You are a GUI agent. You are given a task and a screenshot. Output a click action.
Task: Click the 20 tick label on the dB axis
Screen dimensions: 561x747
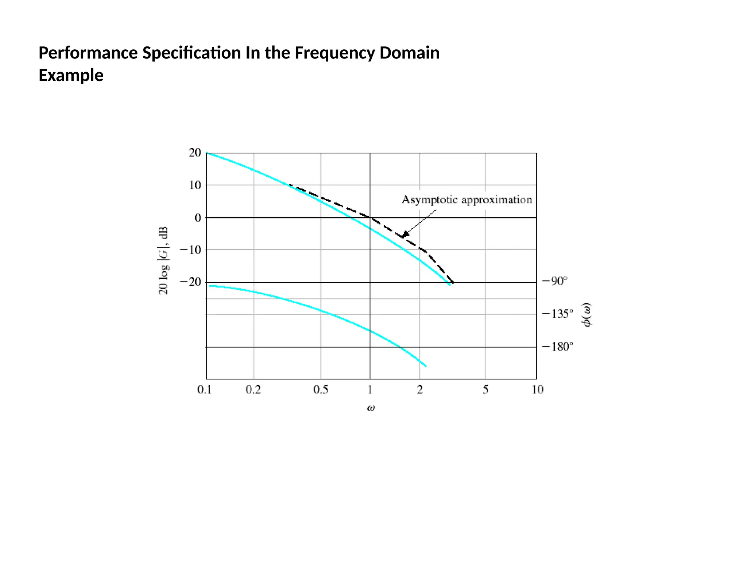click(195, 153)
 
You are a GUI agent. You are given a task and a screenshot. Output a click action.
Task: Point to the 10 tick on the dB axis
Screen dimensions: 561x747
click(195, 185)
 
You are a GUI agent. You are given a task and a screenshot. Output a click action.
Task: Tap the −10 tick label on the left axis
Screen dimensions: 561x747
click(190, 250)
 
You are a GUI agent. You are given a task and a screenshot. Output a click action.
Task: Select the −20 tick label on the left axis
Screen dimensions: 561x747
click(190, 282)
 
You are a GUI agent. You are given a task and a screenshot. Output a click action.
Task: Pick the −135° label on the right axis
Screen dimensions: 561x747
click(558, 314)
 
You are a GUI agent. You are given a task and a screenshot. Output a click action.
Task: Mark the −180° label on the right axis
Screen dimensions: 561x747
click(558, 347)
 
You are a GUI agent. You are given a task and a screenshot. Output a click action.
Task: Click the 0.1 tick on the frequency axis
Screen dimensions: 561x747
click(205, 390)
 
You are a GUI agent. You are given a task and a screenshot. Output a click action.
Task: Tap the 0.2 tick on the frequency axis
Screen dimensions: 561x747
click(253, 390)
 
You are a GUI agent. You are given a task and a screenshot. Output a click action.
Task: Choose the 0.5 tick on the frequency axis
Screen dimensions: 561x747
click(321, 390)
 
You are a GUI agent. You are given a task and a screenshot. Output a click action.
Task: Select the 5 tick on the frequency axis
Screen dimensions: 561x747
click(485, 390)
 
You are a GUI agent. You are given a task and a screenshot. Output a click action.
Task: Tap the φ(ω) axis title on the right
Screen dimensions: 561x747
click(587, 315)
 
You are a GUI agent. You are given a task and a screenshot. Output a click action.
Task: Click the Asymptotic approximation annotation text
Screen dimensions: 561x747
click(467, 200)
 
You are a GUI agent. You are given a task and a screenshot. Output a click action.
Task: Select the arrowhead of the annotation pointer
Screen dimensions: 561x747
click(405, 234)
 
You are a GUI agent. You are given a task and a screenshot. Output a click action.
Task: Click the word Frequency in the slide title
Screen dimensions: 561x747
click(334, 53)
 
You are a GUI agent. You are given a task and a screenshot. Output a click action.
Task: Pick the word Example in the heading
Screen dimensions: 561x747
click(71, 76)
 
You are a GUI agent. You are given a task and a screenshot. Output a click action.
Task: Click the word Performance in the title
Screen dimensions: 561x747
click(88, 53)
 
